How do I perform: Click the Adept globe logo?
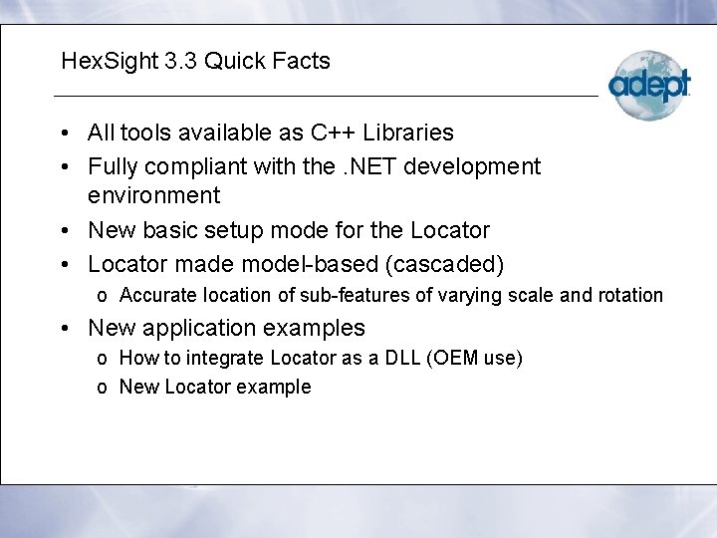[x=648, y=85]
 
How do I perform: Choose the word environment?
[x=154, y=194]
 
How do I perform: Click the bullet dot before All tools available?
[x=63, y=134]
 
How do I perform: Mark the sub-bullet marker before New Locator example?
[x=103, y=388]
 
